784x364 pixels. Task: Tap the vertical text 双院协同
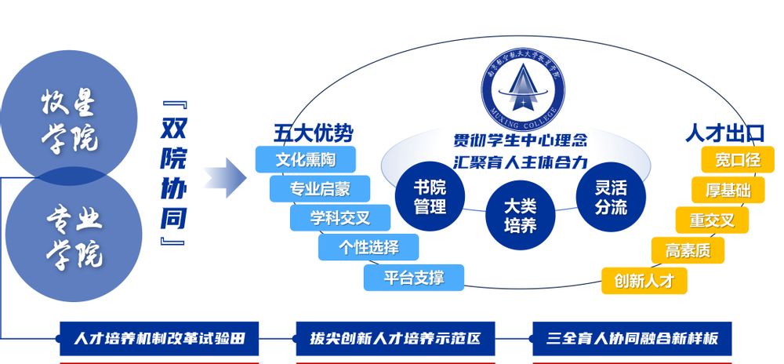click(x=173, y=174)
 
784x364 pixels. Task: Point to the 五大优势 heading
click(x=307, y=133)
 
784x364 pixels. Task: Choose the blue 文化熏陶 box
click(x=306, y=159)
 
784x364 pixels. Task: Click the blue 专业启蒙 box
click(x=320, y=188)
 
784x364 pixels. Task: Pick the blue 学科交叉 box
click(x=339, y=217)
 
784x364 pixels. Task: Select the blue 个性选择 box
click(x=368, y=247)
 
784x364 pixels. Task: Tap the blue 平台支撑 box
click(x=414, y=277)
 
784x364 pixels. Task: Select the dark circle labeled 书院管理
click(x=430, y=197)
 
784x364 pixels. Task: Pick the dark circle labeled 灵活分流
click(x=611, y=197)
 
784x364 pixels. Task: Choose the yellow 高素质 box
click(x=688, y=250)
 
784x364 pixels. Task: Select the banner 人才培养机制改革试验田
click(x=159, y=340)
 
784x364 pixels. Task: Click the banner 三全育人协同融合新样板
click(x=632, y=340)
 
